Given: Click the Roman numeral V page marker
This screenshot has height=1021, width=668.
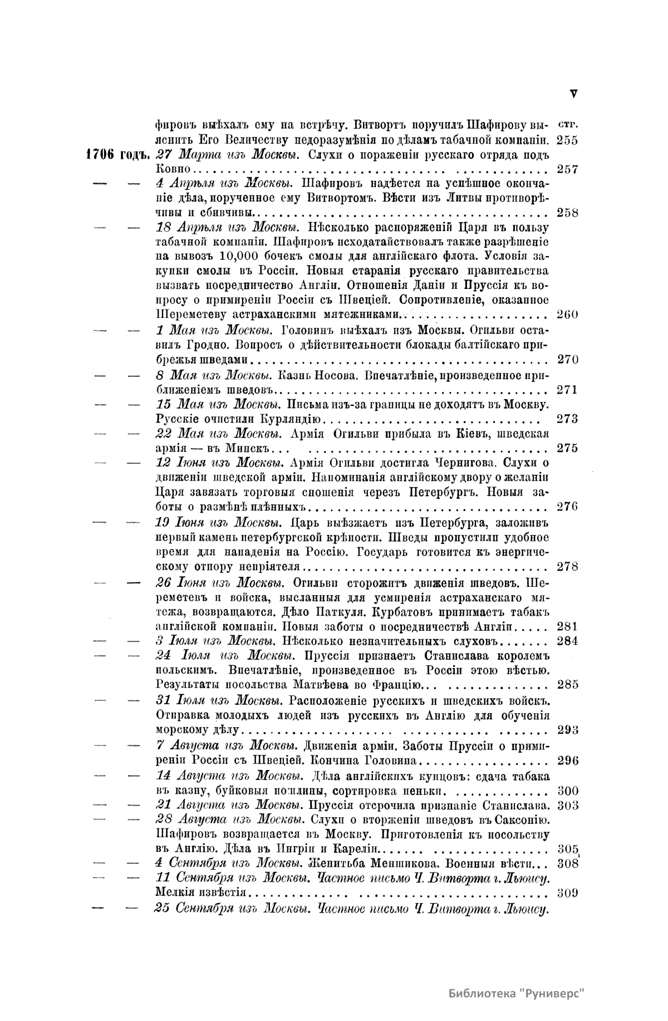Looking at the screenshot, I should [574, 94].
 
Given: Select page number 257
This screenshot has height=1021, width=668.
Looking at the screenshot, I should [567, 169].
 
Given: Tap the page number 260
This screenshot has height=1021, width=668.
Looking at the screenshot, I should [567, 314].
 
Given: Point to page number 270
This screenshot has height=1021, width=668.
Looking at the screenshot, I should [567, 359].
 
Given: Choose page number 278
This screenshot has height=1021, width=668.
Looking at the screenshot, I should [567, 567].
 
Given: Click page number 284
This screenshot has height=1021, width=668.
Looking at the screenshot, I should [567, 640].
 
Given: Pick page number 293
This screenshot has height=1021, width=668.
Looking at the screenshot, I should [567, 730].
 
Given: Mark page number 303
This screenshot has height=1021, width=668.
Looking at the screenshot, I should [567, 805].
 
